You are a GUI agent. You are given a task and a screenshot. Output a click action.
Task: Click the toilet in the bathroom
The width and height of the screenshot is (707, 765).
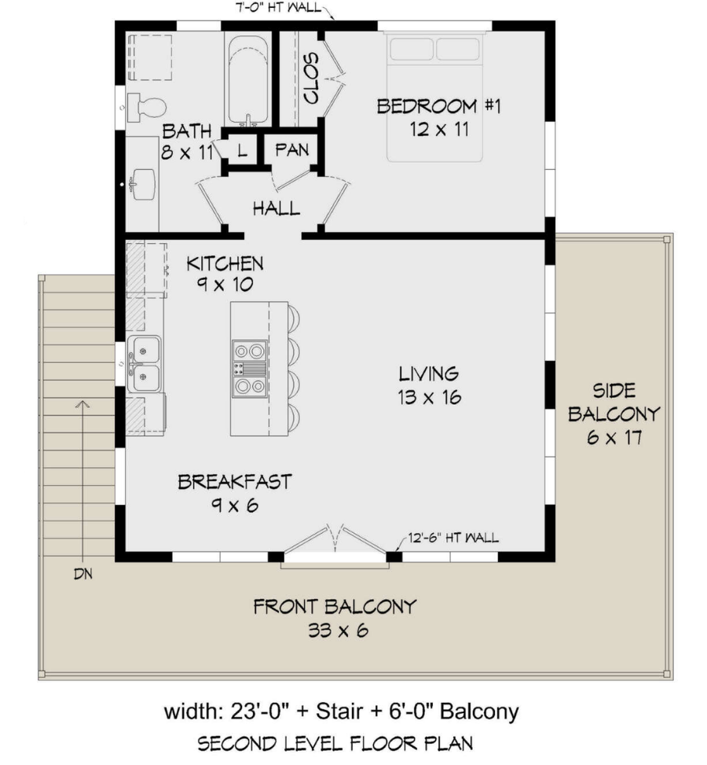click(146, 108)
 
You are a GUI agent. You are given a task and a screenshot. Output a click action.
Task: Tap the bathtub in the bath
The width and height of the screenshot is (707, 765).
click(248, 79)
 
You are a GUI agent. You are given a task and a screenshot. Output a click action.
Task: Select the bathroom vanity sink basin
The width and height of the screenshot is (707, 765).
click(144, 184)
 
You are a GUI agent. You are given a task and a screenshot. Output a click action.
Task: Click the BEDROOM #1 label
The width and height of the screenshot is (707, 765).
click(439, 106)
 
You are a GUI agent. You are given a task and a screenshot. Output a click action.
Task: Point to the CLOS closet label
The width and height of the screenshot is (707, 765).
click(311, 78)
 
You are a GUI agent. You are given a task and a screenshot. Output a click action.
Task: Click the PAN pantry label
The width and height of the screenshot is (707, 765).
click(292, 149)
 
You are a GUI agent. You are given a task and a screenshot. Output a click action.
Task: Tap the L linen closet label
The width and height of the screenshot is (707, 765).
click(242, 150)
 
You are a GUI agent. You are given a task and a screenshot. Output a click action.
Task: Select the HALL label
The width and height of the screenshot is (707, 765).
click(277, 208)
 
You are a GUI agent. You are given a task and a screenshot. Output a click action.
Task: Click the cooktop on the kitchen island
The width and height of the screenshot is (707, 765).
click(250, 369)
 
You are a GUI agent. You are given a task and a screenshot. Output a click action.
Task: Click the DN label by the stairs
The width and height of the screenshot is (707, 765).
click(83, 574)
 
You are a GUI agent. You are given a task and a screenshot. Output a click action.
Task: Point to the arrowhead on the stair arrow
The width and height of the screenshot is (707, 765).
click(83, 404)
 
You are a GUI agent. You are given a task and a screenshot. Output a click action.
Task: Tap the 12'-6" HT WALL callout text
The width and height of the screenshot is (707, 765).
click(453, 538)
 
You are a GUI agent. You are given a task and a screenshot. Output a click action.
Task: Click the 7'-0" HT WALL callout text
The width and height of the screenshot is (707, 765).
click(278, 7)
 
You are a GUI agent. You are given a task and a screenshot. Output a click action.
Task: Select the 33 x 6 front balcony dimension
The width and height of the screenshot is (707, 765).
click(338, 631)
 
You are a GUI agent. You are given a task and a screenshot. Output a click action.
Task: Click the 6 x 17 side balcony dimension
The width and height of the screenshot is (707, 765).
click(614, 437)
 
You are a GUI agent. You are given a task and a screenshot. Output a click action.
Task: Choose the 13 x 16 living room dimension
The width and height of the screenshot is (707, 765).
click(429, 397)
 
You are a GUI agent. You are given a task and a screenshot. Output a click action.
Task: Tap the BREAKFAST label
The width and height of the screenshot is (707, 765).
click(235, 481)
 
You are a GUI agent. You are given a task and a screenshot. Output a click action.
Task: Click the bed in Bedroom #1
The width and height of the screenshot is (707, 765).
click(434, 96)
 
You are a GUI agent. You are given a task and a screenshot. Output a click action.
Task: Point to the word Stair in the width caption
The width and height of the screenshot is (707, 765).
click(339, 712)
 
